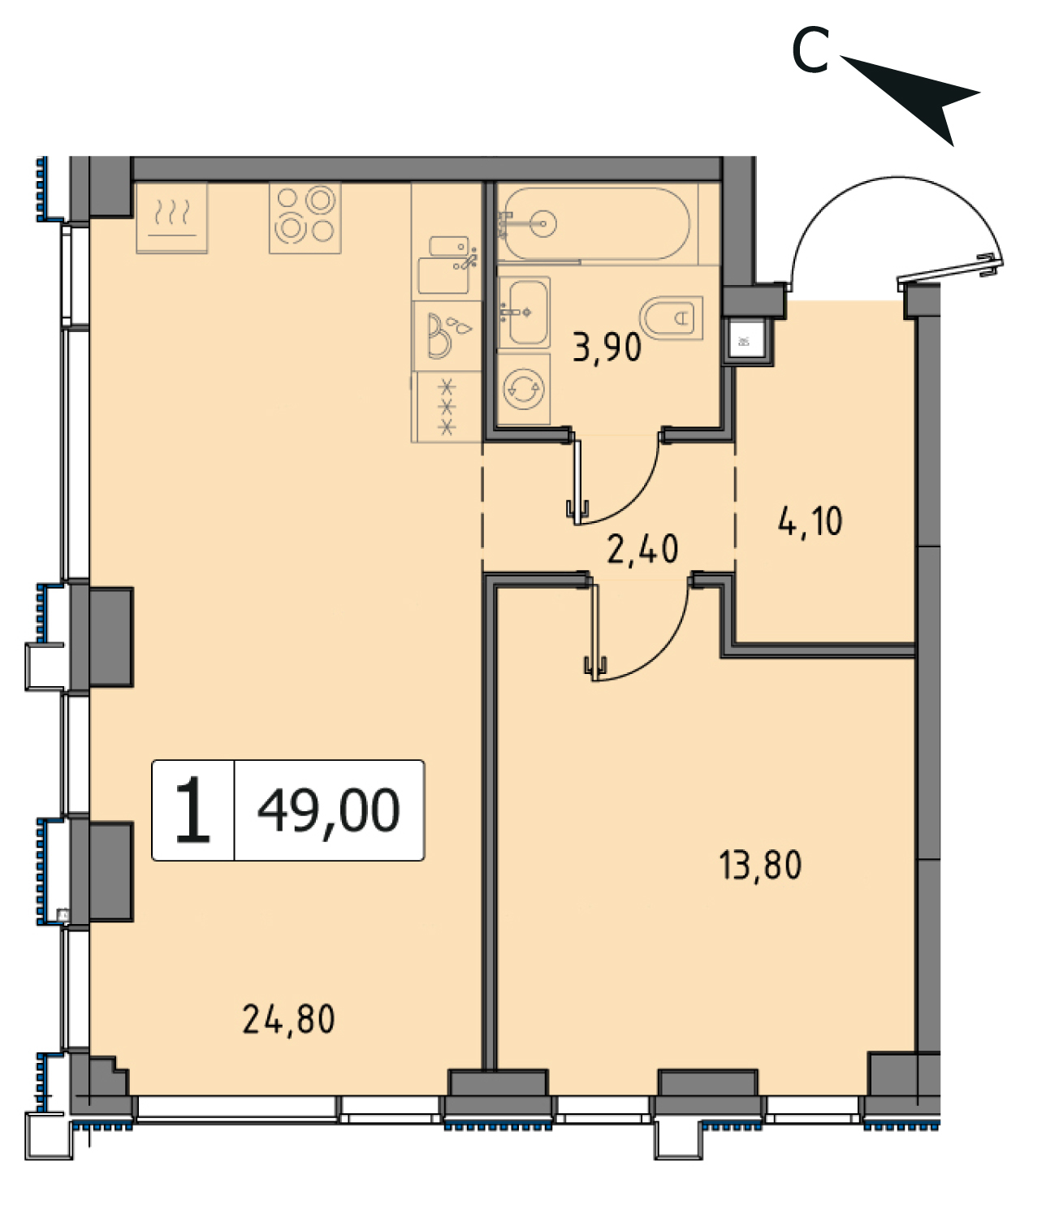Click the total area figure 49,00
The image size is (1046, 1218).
click(x=329, y=811)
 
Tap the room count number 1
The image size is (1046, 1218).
click(x=193, y=810)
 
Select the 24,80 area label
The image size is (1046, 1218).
click(x=288, y=1020)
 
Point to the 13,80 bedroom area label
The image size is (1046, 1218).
click(x=760, y=866)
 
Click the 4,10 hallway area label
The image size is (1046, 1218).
click(x=810, y=521)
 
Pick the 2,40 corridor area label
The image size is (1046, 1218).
click(x=642, y=549)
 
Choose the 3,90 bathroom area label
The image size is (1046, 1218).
click(x=607, y=347)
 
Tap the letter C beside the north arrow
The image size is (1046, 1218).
click(x=810, y=50)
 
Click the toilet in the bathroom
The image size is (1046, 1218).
click(x=672, y=318)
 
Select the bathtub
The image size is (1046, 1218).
click(x=596, y=223)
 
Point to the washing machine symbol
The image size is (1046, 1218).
click(x=523, y=389)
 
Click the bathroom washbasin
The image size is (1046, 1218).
click(x=524, y=312)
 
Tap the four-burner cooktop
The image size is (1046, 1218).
click(x=305, y=218)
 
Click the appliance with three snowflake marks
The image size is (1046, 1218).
click(x=447, y=407)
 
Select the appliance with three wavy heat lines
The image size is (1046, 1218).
click(x=171, y=218)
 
